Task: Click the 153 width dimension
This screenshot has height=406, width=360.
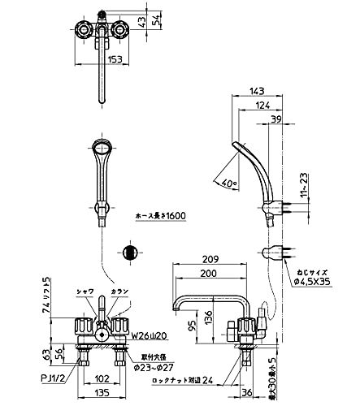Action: pyautogui.click(x=102, y=59)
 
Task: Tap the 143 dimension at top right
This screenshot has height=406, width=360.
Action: pyautogui.click(x=257, y=91)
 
